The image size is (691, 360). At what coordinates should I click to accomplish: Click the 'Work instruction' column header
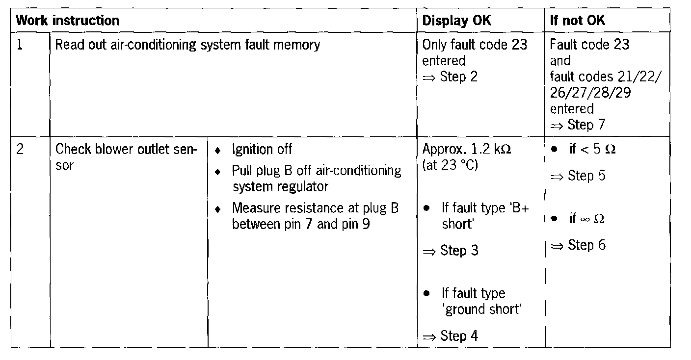pyautogui.click(x=68, y=21)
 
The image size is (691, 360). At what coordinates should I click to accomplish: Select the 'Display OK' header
pyautogui.click(x=456, y=21)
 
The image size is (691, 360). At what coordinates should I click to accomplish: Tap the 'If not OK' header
pyautogui.click(x=578, y=21)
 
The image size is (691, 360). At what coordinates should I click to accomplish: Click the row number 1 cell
pyautogui.click(x=20, y=45)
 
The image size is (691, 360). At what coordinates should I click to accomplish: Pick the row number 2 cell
pyautogui.click(x=20, y=149)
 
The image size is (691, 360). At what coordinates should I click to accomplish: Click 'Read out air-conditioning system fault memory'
pyautogui.click(x=187, y=45)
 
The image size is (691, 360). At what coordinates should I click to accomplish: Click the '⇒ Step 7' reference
pyautogui.click(x=578, y=125)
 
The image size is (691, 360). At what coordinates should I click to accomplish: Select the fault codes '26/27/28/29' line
pyautogui.click(x=590, y=93)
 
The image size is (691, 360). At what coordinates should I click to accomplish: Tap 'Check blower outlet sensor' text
pyautogui.click(x=126, y=157)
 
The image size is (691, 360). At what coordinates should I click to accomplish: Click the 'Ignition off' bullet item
pyautogui.click(x=262, y=149)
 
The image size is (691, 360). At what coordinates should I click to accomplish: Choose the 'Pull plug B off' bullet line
pyautogui.click(x=316, y=171)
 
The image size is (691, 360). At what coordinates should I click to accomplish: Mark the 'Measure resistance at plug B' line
pyautogui.click(x=315, y=208)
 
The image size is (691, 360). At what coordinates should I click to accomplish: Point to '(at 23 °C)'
pyautogui.click(x=450, y=165)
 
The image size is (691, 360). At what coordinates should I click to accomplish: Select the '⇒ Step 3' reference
pyautogui.click(x=450, y=251)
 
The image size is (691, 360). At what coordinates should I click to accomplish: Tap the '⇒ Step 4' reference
pyautogui.click(x=450, y=336)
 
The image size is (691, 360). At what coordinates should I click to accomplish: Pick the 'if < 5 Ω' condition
pyautogui.click(x=592, y=149)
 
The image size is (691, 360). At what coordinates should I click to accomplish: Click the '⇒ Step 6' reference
pyautogui.click(x=578, y=245)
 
